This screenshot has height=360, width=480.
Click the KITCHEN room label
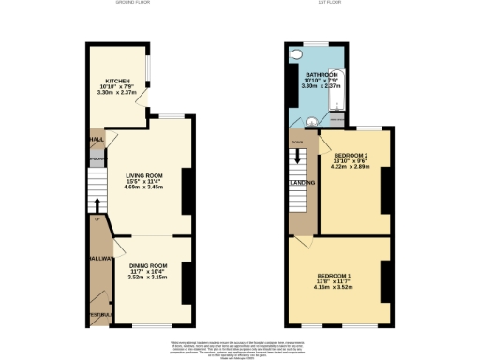pos(118,81)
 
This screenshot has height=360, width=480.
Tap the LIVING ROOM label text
pos(144,174)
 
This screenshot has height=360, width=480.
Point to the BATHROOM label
pos(321,74)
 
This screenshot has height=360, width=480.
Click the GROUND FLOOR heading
pos(134,4)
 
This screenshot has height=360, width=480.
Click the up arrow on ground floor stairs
pos(97,205)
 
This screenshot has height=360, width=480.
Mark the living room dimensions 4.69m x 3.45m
pos(144,187)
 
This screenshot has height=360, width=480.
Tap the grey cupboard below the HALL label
pos(97,161)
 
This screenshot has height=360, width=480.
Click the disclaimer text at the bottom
pos(240,348)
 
